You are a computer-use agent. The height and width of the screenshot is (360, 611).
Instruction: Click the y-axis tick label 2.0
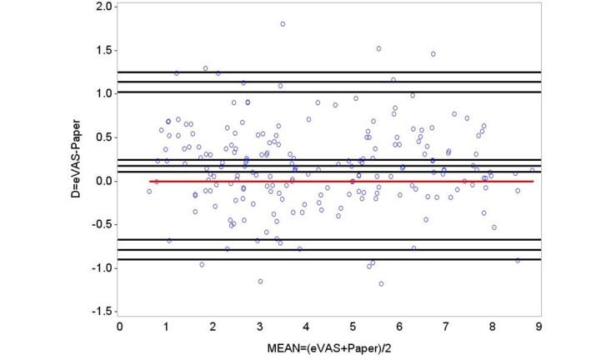point(104,7)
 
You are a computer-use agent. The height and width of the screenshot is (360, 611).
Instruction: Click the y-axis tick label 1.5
point(104,50)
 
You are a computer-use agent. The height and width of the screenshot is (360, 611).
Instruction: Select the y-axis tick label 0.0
point(104,181)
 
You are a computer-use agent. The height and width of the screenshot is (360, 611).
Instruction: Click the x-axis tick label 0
point(120,326)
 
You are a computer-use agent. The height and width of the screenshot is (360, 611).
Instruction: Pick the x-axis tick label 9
point(539,326)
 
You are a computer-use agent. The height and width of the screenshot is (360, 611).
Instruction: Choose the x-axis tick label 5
point(353,326)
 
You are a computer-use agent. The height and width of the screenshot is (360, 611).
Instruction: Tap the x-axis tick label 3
point(260,326)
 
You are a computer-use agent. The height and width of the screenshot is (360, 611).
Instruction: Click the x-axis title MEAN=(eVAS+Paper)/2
point(330,347)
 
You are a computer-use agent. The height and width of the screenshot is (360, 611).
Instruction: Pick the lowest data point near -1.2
point(381,283)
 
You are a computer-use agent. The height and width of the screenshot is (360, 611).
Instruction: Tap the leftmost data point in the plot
point(149,192)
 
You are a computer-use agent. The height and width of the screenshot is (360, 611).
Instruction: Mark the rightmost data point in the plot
point(532,170)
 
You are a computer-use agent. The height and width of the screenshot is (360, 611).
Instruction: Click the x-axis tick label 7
point(446,326)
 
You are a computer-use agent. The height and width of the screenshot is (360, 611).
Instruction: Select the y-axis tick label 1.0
point(104,93)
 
